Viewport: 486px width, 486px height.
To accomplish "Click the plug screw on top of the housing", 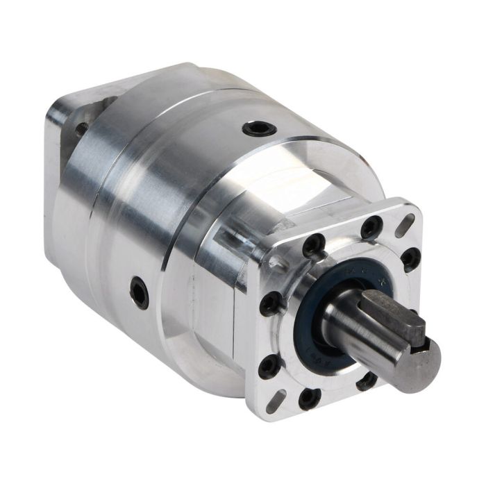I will tap(260, 128).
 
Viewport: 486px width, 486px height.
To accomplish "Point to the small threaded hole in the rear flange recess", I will tap(82, 128).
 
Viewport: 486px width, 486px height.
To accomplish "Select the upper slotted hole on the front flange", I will tap(405, 225).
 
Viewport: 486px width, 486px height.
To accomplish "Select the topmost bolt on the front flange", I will tap(371, 227).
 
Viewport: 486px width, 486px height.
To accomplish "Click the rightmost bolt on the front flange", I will tap(411, 258).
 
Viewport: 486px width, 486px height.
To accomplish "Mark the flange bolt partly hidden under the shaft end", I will tap(367, 380).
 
